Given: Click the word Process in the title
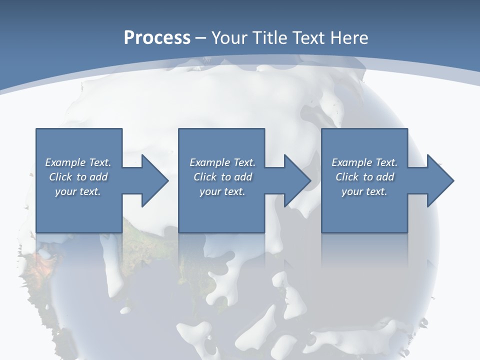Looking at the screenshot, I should pyautogui.click(x=157, y=38).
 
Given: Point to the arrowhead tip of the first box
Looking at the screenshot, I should pyautogui.click(x=168, y=180).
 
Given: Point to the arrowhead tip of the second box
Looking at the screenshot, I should pyautogui.click(x=311, y=180).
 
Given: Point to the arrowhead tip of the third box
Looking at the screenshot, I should pyautogui.click(x=454, y=180).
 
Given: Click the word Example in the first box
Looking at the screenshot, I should pyautogui.click(x=65, y=162).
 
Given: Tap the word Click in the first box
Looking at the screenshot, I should pyautogui.click(x=61, y=177).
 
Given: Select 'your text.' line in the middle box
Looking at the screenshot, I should pyautogui.click(x=222, y=191).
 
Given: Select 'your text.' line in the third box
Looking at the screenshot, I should pyautogui.click(x=364, y=191).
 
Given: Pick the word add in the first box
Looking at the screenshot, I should pyautogui.click(x=99, y=177).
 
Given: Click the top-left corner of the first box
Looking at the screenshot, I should pyautogui.click(x=36, y=129).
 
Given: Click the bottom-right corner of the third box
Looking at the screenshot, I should pyautogui.click(x=407, y=232).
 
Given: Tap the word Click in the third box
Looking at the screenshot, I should pyautogui.click(x=347, y=177).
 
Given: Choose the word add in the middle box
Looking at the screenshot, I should pyautogui.click(x=243, y=177).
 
